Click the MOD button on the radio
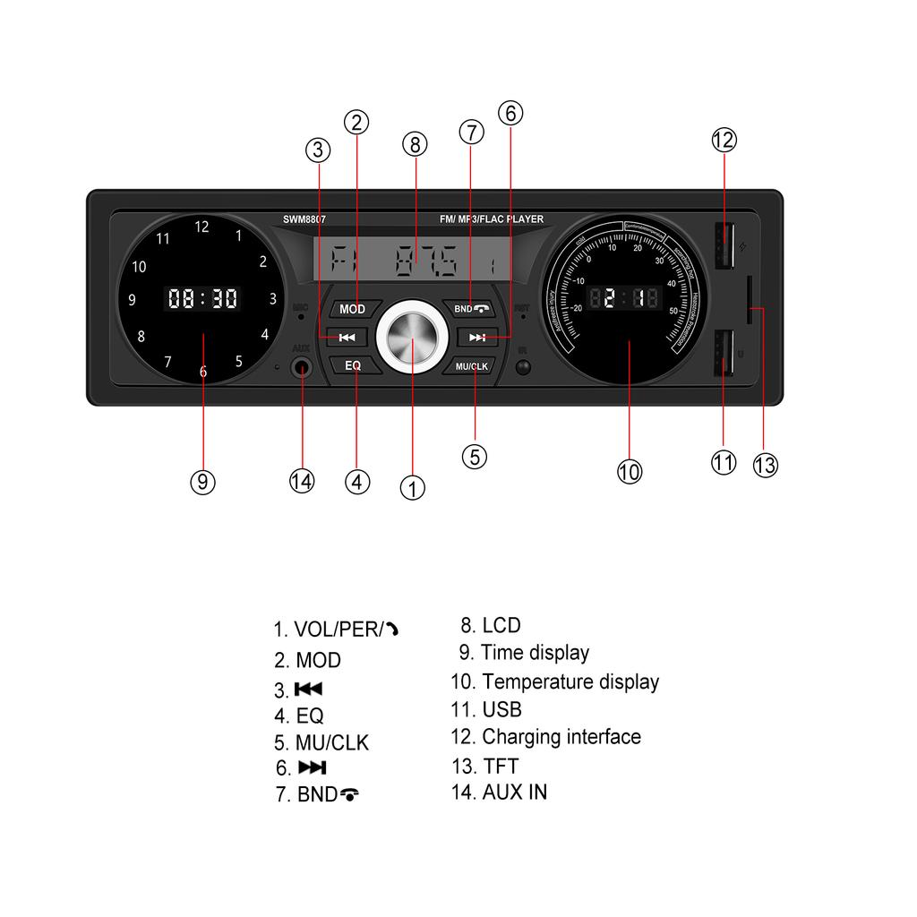pos(353,309)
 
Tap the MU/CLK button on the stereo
pos(471,366)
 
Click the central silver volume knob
pos(412,337)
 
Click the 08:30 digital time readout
pos(203,298)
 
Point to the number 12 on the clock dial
pos(201,227)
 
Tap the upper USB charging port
pos(723,245)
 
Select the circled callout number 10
pos(630,471)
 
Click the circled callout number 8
pos(415,143)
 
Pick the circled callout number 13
pos(765,465)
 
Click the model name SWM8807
pos(304,219)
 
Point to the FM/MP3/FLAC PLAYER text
pos(491,219)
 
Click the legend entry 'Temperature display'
pos(555,681)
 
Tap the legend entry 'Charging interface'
pos(546,737)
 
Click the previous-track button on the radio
pos(347,338)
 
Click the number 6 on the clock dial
pos(203,372)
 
